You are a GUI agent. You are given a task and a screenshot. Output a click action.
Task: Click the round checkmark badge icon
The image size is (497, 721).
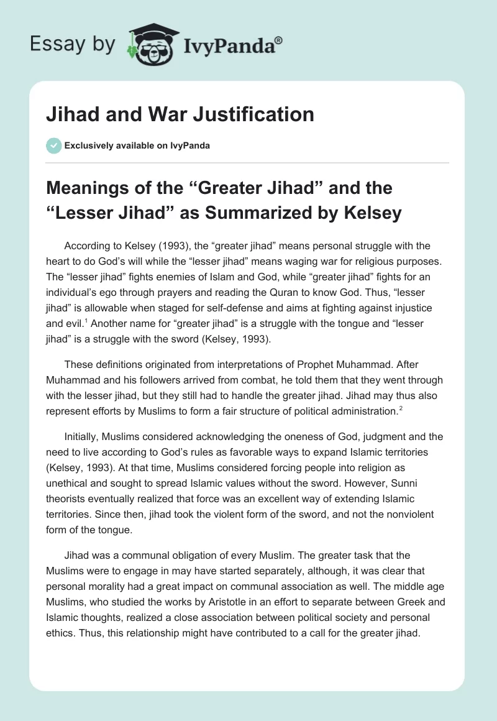coord(53,145)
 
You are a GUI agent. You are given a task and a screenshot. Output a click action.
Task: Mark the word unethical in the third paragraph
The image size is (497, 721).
coord(71,483)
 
